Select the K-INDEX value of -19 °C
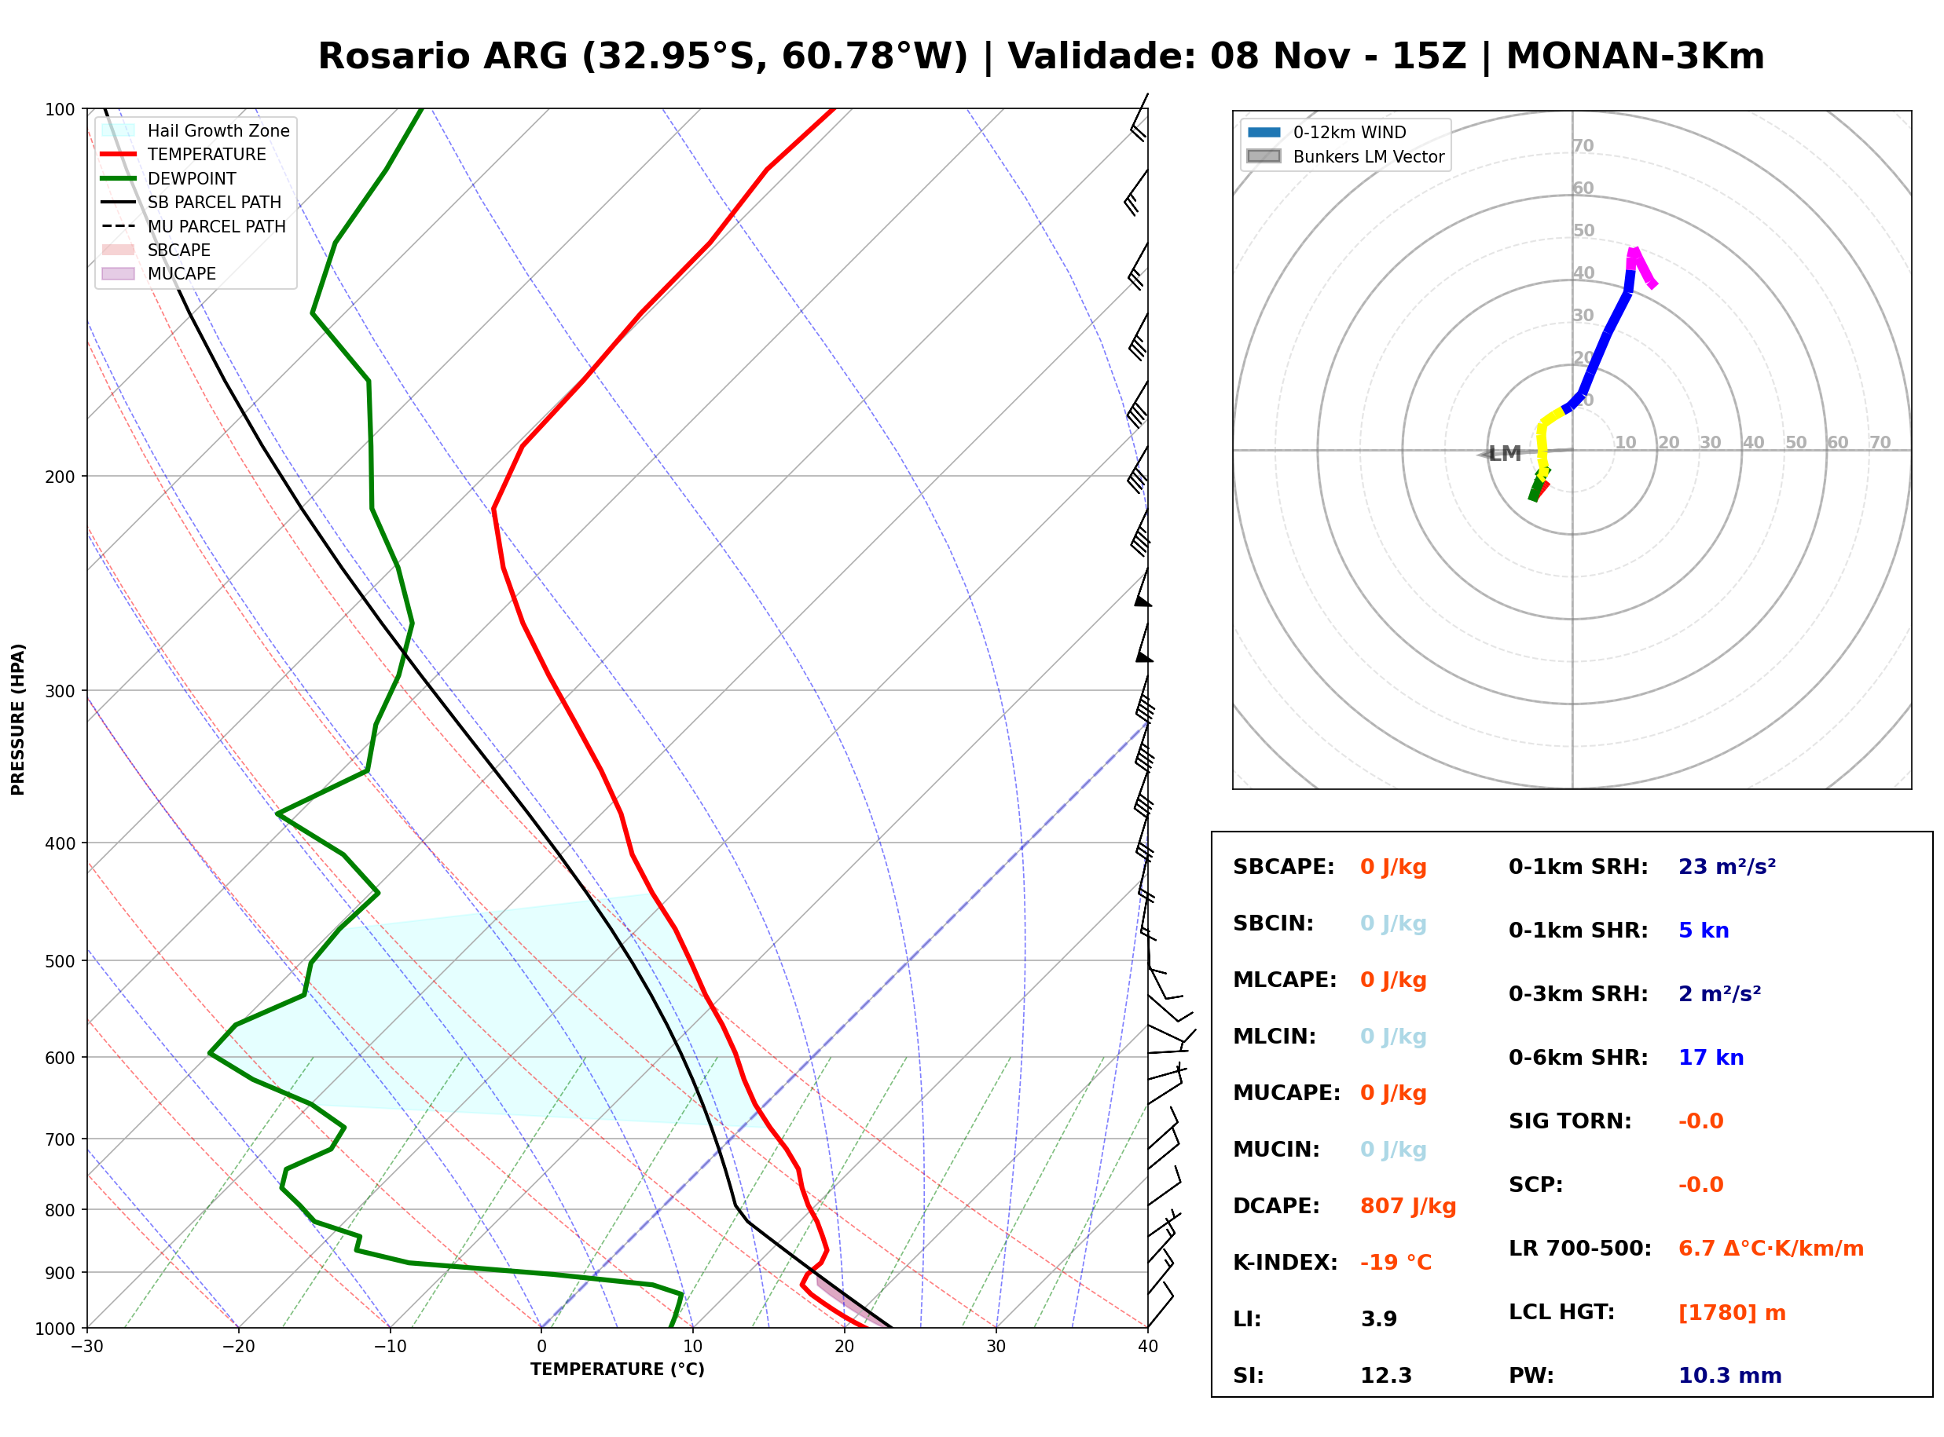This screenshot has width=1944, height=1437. [x=1396, y=1263]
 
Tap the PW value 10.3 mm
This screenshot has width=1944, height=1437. [x=1730, y=1376]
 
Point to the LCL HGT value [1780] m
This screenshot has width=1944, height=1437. [x=1732, y=1314]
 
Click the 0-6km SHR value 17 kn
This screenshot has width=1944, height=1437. [x=1711, y=1059]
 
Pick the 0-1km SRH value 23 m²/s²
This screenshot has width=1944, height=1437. [x=1727, y=867]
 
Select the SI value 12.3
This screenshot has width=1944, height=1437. [x=1386, y=1376]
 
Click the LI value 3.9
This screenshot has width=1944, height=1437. [x=1379, y=1319]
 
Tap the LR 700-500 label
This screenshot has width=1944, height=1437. [x=1579, y=1249]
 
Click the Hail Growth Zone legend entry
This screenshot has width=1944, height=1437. [x=196, y=130]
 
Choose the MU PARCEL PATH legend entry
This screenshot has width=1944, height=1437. [x=193, y=226]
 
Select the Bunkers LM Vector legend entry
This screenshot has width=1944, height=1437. [x=1345, y=156]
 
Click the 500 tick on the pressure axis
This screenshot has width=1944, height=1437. [x=60, y=961]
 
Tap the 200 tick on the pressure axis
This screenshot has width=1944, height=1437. [x=60, y=477]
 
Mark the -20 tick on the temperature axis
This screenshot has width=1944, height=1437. [x=237, y=1347]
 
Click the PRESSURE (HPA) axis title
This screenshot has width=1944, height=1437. [x=18, y=719]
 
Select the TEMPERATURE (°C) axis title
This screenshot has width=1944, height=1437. [x=618, y=1370]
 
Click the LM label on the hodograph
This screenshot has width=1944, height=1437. [x=1505, y=454]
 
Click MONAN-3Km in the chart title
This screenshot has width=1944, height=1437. [x=1635, y=57]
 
